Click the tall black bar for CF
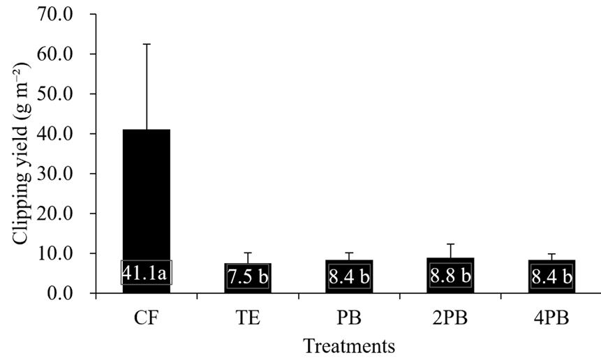coord(147,195)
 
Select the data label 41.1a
coord(147,273)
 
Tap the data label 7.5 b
coord(248,277)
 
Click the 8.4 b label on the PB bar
coord(349,277)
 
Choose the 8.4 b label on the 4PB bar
coord(551,277)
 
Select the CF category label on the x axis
coord(147,320)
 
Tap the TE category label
coord(248,320)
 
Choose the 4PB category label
coord(551,320)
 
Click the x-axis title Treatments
coord(349,345)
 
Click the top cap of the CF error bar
coord(147,45)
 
